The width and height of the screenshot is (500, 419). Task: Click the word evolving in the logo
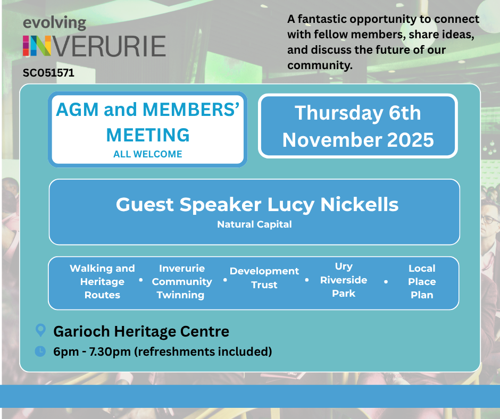(x=54, y=23)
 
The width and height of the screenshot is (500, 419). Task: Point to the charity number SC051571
(x=48, y=73)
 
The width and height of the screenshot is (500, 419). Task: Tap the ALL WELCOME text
(x=148, y=154)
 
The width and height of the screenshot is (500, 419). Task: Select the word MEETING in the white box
(x=148, y=135)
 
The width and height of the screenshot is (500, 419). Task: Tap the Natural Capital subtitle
(x=254, y=224)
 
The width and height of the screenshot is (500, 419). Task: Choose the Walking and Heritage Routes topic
(x=102, y=282)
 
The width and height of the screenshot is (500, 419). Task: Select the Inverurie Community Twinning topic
(x=181, y=282)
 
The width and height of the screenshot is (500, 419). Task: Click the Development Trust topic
(x=264, y=278)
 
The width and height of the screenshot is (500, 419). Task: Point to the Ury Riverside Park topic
(x=344, y=280)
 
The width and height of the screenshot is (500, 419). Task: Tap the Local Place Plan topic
(x=422, y=282)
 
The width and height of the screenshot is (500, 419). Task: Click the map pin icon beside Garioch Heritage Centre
(x=40, y=331)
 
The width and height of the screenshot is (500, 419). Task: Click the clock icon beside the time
(x=40, y=351)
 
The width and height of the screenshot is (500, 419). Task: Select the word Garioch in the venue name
(x=80, y=332)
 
